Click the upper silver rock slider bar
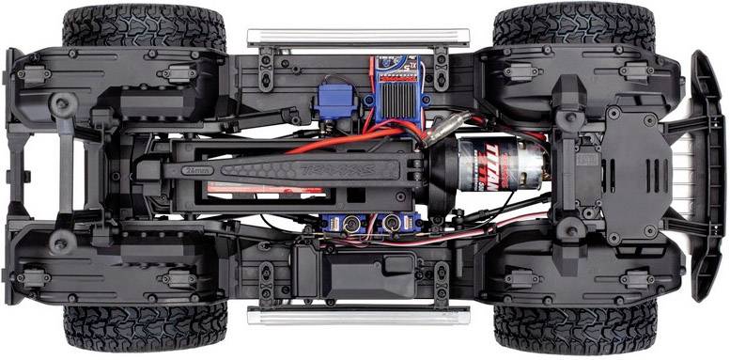[x=357, y=37]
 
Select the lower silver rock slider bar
[x=357, y=316]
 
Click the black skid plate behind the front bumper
[x=639, y=174]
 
